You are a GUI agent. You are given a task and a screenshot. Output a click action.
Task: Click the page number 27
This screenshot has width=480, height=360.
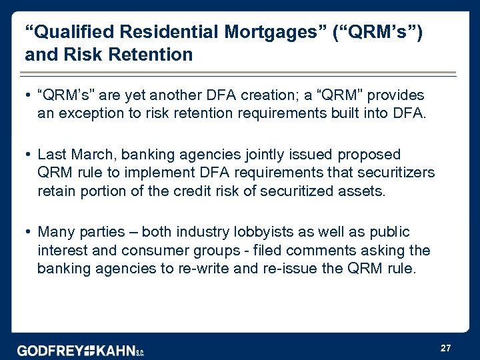pyautogui.click(x=446, y=348)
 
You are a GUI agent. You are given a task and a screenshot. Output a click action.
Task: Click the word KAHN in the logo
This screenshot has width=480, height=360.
pyautogui.click(x=117, y=351)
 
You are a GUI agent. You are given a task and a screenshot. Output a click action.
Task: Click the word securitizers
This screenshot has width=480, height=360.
pyautogui.click(x=397, y=173)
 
